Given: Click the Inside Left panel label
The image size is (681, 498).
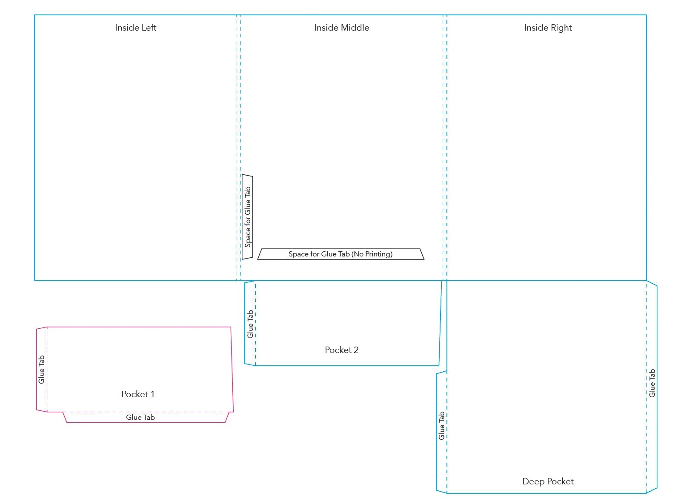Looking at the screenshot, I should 135,28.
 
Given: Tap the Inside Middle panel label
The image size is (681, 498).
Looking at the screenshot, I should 341,28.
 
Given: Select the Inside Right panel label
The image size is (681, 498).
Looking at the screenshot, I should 548,28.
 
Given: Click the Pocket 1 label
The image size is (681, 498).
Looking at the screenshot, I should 137,394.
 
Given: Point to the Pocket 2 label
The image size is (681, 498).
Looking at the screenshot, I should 341,350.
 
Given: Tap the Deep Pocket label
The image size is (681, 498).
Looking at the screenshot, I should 548,481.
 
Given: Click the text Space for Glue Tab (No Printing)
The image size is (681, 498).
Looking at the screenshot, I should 340,254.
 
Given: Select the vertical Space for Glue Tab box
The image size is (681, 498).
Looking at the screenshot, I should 247,217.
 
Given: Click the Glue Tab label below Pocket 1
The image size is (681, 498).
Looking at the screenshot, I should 140,418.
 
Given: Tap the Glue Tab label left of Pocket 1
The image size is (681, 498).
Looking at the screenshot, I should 41,370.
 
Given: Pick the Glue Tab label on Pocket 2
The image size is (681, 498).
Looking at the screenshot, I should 250,324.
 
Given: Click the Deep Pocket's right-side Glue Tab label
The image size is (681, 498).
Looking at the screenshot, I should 652,383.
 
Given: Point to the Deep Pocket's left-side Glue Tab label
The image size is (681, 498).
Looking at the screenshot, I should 441,426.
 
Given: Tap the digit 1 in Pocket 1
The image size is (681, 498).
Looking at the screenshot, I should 152,394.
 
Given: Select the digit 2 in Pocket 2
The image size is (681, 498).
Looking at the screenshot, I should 356,350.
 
